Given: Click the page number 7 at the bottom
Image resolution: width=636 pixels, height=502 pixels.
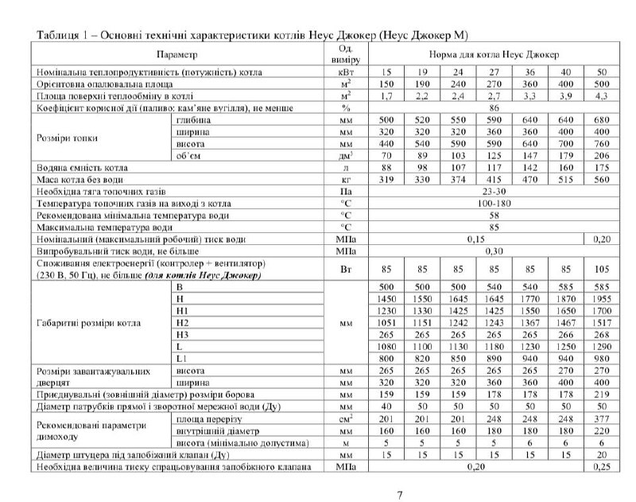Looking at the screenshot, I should [x=400, y=495].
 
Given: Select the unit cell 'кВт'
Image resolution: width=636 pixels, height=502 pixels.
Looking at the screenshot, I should [x=346, y=72].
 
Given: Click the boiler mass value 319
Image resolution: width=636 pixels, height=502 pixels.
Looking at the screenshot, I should [x=387, y=181].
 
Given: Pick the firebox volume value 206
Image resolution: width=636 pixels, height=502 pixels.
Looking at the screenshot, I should [x=602, y=157].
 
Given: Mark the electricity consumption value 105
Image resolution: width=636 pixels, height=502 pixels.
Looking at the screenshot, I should [x=602, y=268].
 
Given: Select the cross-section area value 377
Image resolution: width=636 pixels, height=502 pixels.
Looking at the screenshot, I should [x=602, y=418].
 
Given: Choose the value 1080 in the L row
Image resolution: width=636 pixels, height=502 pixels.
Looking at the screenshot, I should [x=387, y=347].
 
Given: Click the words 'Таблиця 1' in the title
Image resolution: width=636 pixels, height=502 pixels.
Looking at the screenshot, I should [x=60, y=36].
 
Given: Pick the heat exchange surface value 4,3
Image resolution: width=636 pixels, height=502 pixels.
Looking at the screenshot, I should [x=602, y=95].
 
